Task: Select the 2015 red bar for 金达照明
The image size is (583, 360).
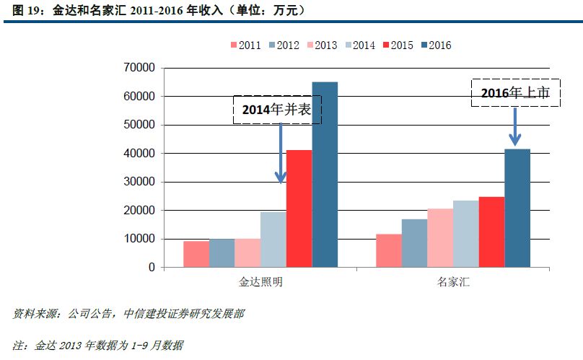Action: pyautogui.click(x=299, y=209)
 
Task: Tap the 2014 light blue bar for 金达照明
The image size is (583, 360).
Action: pyautogui.click(x=273, y=240)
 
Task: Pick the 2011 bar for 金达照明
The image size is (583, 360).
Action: pyautogui.click(x=196, y=254)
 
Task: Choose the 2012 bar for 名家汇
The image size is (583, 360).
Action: pyautogui.click(x=415, y=243)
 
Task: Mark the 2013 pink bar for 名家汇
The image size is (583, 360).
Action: pyautogui.click(x=440, y=238)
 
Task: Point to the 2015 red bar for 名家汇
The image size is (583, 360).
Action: pyautogui.click(x=491, y=232)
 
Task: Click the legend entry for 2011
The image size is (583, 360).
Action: pyautogui.click(x=245, y=45)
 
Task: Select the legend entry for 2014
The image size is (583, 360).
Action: pyautogui.click(x=359, y=45)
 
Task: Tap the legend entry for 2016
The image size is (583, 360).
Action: pyautogui.click(x=434, y=45)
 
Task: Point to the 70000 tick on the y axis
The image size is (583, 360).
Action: pyautogui.click(x=141, y=68)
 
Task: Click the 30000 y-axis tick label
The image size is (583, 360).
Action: pyautogui.click(x=141, y=182)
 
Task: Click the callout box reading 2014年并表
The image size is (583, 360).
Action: pyautogui.click(x=276, y=109)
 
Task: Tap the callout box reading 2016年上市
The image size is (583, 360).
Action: pyautogui.click(x=515, y=92)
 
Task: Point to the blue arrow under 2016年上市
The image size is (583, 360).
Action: pyautogui.click(x=516, y=126)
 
